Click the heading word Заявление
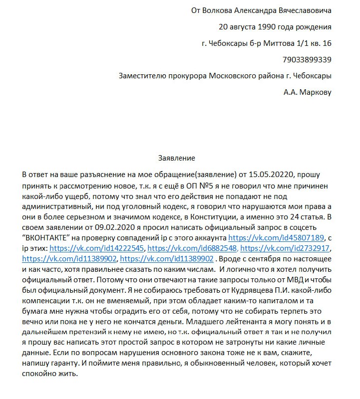173,158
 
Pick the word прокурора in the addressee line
185,76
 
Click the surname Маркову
315,92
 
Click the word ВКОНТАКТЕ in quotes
56,238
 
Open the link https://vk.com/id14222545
95,248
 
